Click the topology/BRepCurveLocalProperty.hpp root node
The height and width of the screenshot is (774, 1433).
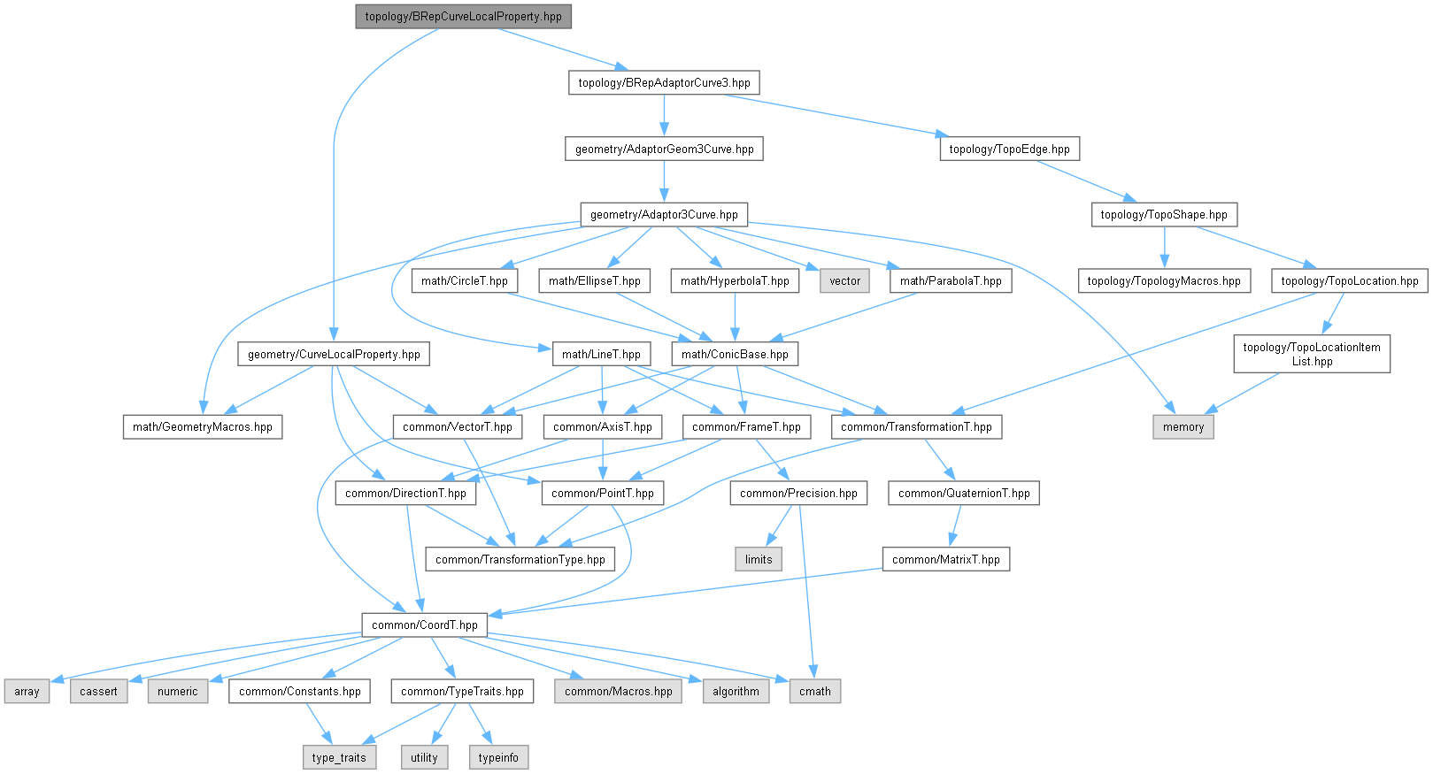[463, 17]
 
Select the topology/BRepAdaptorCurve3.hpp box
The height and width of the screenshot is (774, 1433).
[664, 83]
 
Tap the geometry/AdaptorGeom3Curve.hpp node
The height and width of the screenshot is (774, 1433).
[664, 149]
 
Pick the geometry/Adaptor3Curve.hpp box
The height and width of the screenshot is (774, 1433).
[664, 215]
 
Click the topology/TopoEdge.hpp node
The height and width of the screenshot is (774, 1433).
[1009, 149]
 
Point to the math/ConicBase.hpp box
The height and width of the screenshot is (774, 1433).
[735, 355]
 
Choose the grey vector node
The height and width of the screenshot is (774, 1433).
[844, 281]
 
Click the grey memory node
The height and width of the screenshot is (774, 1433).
[1183, 427]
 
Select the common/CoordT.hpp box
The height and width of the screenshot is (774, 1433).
[424, 625]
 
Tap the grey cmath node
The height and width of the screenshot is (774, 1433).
[814, 692]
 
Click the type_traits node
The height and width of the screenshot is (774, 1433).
[339, 758]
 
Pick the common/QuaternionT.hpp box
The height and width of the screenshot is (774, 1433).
[964, 494]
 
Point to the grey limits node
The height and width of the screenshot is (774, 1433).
[759, 560]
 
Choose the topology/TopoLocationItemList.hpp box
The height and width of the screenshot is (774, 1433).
[1312, 354]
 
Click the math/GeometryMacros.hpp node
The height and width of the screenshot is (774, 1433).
[203, 427]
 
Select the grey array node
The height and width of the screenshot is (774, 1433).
[27, 692]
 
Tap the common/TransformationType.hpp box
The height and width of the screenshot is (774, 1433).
[520, 560]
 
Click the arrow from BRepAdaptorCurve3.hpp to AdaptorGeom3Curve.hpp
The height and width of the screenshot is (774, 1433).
[664, 116]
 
